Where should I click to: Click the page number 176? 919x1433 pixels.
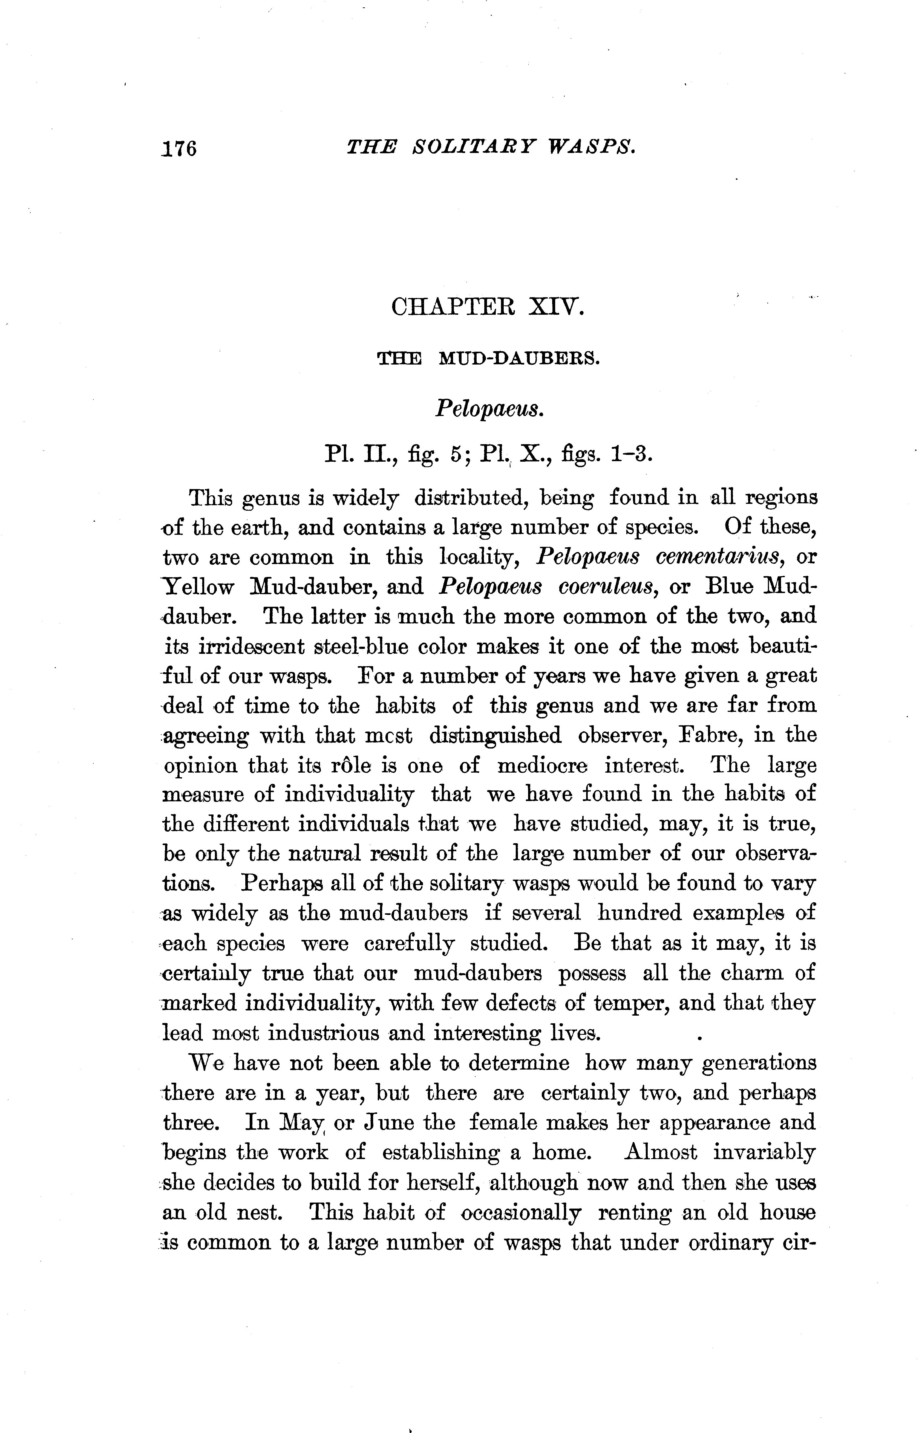tap(178, 148)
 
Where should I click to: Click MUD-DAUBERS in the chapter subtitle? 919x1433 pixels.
tap(518, 359)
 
